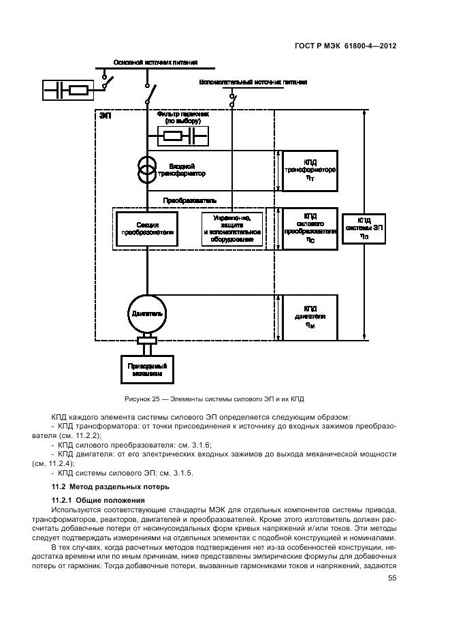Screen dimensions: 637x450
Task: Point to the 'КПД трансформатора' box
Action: (x=310, y=170)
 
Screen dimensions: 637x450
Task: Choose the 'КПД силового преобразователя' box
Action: (x=310, y=228)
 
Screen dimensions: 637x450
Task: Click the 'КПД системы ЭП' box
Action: (x=365, y=228)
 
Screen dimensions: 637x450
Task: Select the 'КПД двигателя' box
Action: (x=310, y=317)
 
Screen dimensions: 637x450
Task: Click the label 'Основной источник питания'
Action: (x=155, y=62)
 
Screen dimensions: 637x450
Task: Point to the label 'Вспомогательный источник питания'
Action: (x=253, y=82)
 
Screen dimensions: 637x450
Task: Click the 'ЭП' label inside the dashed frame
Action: (x=106, y=116)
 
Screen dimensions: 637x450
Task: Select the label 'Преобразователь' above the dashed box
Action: (x=190, y=200)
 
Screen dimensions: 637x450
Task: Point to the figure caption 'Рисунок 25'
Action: (x=225, y=399)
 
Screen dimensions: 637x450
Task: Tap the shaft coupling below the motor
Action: (x=147, y=340)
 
